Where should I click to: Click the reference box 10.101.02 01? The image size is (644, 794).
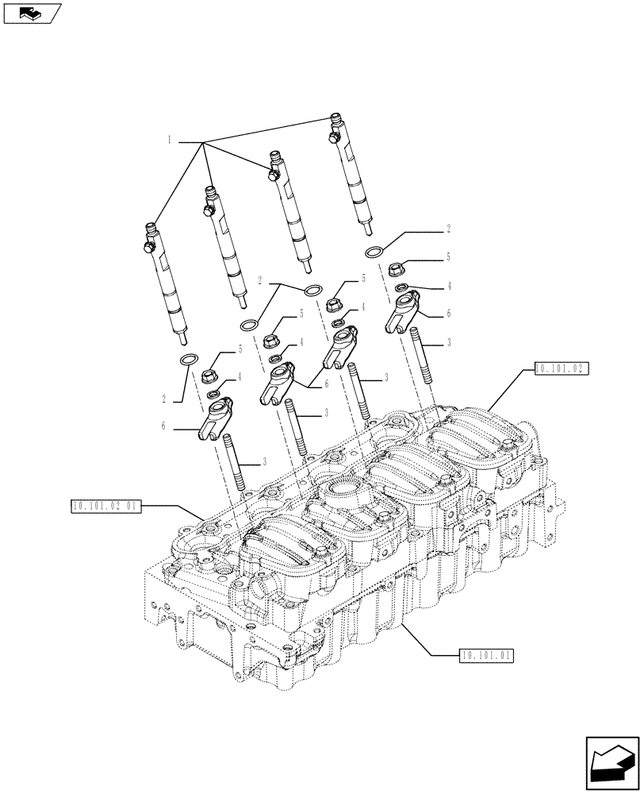pos(105,505)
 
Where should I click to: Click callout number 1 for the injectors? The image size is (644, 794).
pos(170,140)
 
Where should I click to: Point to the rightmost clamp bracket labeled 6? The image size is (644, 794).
pos(404,312)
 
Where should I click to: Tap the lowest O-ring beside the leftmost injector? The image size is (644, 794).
pos(189,361)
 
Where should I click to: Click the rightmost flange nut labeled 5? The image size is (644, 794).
pos(402,268)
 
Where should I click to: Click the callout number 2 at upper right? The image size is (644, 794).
pos(448,229)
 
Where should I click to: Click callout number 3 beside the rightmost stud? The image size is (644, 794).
pos(448,342)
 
